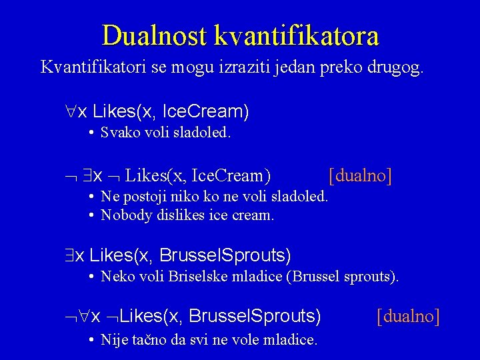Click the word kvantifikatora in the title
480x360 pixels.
tap(297, 35)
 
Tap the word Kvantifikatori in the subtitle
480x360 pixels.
tap(89, 67)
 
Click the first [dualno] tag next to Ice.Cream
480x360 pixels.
tap(360, 176)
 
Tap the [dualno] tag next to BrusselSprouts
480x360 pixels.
tap(408, 316)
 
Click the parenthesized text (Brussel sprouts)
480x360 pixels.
tap(342, 275)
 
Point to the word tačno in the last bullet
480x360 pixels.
tap(144, 339)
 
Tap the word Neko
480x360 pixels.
tap(115, 275)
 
